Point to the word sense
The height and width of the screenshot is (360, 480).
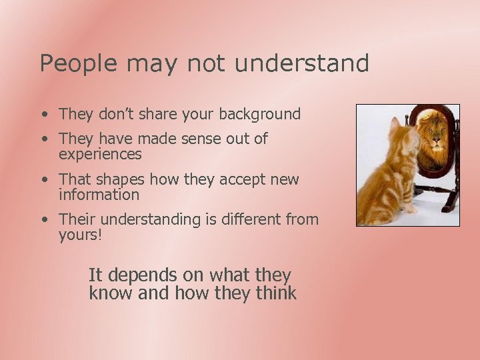pyautogui.click(x=200, y=139)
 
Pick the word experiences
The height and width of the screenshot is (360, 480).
pyautogui.click(x=100, y=155)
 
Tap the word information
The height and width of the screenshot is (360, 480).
pyautogui.click(x=99, y=195)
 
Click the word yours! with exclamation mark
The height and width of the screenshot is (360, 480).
pyautogui.click(x=81, y=235)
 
